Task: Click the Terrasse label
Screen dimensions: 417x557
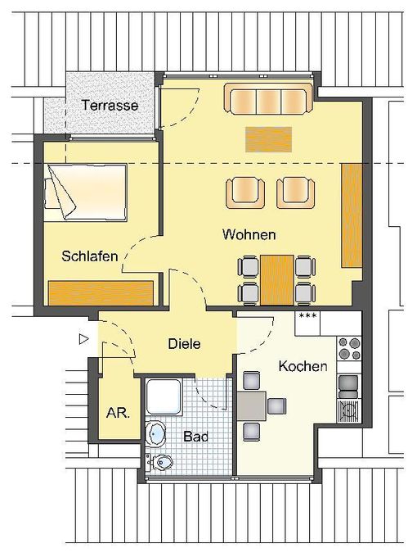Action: coord(110,105)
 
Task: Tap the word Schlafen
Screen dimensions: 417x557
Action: coord(90,256)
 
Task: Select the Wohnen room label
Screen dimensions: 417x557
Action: coord(249,234)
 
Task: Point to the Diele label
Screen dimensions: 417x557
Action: coord(184,344)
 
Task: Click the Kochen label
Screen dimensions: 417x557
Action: coord(303,366)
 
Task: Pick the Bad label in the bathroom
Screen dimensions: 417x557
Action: coord(195,437)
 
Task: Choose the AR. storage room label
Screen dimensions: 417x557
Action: coord(118,413)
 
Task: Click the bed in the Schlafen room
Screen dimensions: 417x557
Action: coord(86,192)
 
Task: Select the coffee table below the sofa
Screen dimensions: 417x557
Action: coord(268,139)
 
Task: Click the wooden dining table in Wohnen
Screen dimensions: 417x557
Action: coord(277,280)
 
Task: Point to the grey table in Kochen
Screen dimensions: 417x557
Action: coord(251,406)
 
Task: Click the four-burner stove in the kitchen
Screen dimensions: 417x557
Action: coord(349,348)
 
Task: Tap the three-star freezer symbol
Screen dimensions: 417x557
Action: coord(307,315)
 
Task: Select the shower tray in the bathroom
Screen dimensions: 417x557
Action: coord(164,396)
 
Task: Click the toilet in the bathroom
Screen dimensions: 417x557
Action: coord(159,462)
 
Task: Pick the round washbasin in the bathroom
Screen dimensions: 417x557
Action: coord(155,434)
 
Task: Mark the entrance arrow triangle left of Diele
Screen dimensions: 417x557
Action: coord(83,339)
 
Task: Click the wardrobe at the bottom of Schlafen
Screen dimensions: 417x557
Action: coord(101,293)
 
